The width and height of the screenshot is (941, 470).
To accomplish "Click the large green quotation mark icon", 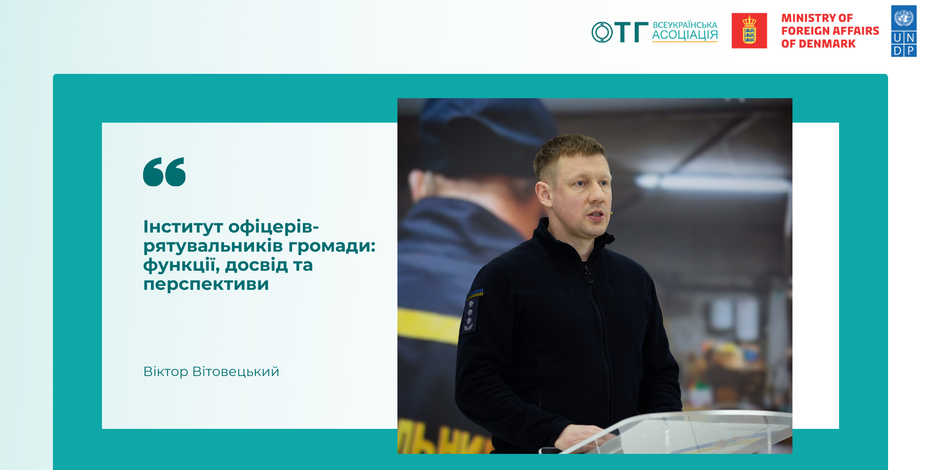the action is pos(164,172).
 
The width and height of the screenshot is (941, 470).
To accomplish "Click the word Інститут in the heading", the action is pos(183,227).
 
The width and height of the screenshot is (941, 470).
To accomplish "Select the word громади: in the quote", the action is pos(332,246).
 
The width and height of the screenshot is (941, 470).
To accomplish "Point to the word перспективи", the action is pos(206,284).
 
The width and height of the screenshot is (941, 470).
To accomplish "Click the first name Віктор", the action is pos(166,372).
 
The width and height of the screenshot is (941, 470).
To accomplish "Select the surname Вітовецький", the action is pos(236,372).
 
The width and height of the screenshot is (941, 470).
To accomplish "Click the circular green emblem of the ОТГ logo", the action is pos(602,32).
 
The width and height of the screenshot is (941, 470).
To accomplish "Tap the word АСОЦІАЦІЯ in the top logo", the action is pos(685,35).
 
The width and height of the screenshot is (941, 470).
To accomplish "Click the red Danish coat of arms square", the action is pos(749,31).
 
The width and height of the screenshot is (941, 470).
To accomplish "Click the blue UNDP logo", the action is pos(904,31).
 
